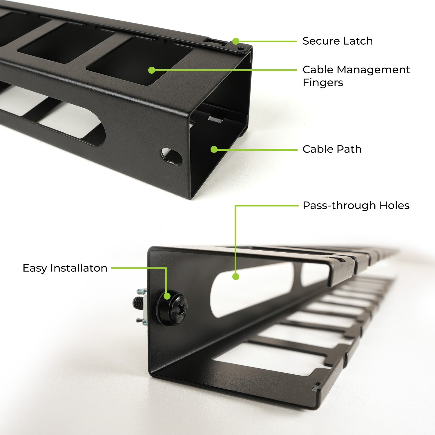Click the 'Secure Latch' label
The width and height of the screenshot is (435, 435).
338,41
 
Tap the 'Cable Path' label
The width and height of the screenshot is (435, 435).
332,149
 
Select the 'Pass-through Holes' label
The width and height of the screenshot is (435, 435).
356,205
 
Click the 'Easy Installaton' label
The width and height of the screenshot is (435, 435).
65,268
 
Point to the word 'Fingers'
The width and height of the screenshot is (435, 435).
323,83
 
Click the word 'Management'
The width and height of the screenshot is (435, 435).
374,70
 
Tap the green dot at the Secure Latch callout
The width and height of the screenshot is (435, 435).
236,41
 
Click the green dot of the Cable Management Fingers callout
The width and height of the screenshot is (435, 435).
151,70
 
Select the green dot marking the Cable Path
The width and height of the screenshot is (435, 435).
214,149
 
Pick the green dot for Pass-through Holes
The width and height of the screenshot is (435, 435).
236,276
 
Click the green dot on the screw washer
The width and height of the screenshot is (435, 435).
167,296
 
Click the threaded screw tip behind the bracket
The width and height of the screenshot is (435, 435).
137,304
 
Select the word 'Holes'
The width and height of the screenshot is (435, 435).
395,205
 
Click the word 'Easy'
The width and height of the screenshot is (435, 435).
35,268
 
